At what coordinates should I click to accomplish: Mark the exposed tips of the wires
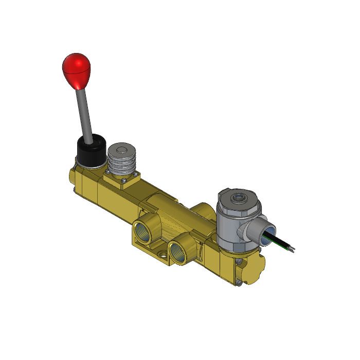pyautogui.click(x=292, y=249)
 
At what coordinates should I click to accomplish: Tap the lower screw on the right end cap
pyautogui.click(x=239, y=281)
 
